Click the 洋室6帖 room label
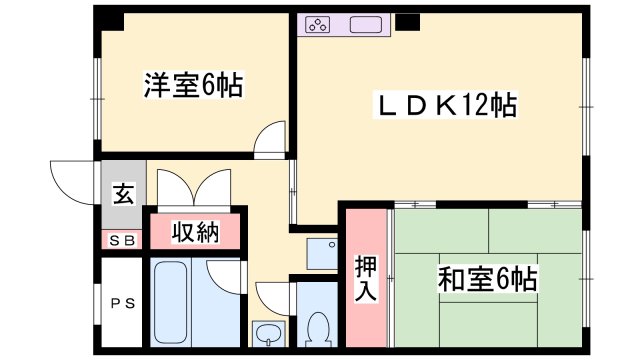193,86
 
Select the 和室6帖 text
487,279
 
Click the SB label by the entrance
122,240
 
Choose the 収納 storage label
195,233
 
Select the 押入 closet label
366,279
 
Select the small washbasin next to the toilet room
267,334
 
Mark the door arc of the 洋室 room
270,140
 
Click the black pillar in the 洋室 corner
111,19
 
